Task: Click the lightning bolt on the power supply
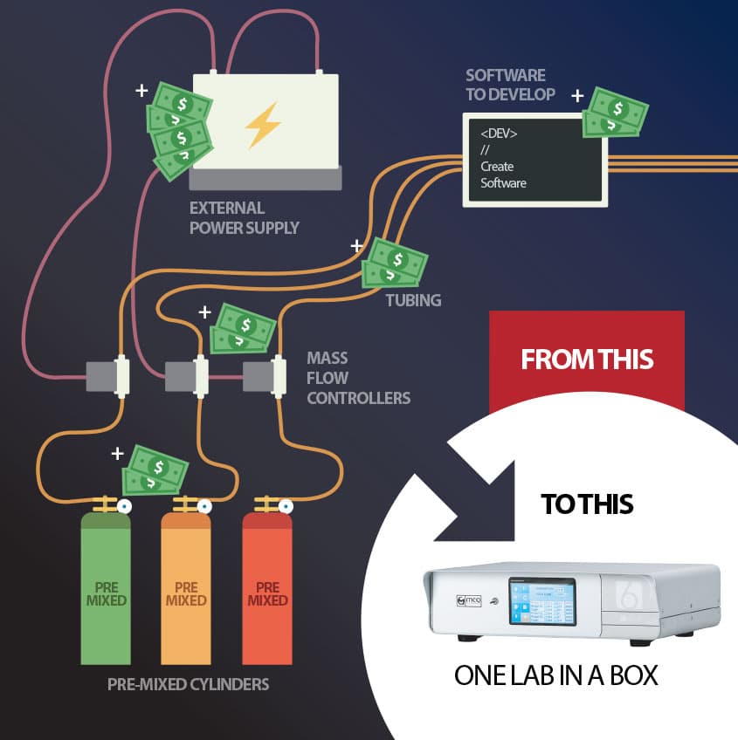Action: point(263,124)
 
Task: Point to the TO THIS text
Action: point(587,504)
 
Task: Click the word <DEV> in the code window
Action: point(499,134)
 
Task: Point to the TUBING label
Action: point(413,300)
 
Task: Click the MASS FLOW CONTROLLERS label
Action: point(358,378)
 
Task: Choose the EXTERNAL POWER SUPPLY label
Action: point(245,218)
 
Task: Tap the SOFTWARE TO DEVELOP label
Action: point(506,85)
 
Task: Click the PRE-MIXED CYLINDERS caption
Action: point(188,684)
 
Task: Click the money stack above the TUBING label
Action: point(396,262)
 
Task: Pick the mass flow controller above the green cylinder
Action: point(109,376)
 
